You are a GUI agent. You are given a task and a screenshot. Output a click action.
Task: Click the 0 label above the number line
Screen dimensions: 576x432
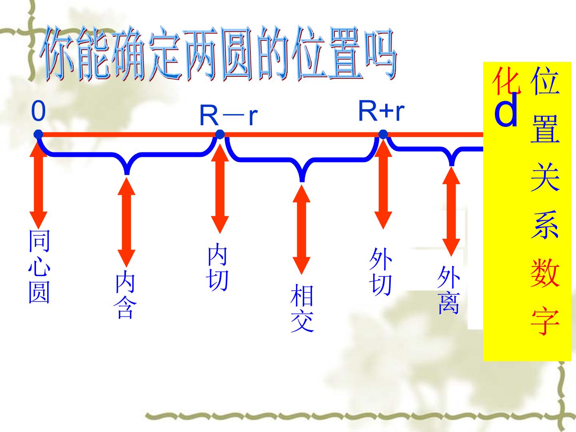38,111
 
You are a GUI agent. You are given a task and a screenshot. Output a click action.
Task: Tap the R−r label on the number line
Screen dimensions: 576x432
228,116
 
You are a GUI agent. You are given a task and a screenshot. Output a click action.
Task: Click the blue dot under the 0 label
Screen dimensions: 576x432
38,134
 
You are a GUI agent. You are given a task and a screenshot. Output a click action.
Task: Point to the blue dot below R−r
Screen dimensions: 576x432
220,134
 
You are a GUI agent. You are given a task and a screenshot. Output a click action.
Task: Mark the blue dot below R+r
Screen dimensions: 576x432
383,134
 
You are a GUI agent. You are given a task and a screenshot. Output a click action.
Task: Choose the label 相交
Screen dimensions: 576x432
302,308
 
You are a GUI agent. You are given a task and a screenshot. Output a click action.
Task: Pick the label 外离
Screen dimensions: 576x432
449,290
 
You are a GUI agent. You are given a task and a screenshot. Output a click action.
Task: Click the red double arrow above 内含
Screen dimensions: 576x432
126,222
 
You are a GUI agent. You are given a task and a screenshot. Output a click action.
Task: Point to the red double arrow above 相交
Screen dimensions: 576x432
302,230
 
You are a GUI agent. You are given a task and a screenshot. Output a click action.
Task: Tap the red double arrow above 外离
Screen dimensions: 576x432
451,212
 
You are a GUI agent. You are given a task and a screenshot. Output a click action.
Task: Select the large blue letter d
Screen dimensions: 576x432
506,110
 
